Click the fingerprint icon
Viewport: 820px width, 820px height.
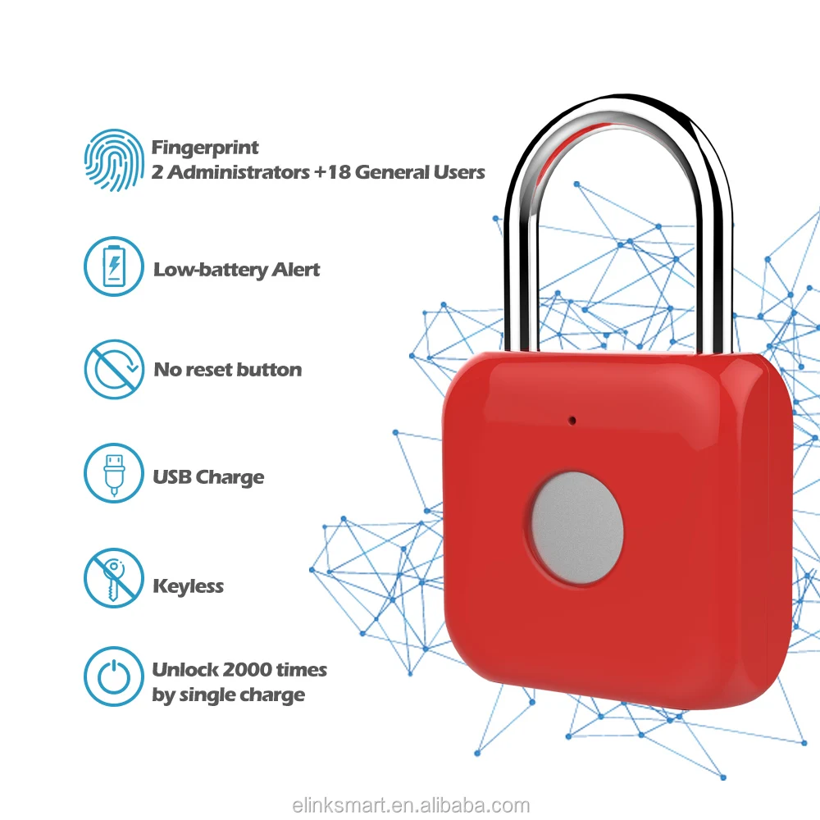pyautogui.click(x=114, y=159)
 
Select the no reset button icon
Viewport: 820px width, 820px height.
pyautogui.click(x=114, y=370)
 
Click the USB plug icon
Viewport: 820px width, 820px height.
pyautogui.click(x=114, y=473)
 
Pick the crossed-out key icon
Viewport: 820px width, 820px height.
pyautogui.click(x=114, y=579)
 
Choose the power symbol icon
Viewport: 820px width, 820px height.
pyautogui.click(x=114, y=676)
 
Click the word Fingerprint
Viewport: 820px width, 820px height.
pyautogui.click(x=205, y=148)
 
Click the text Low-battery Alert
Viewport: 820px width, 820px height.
pyautogui.click(x=236, y=270)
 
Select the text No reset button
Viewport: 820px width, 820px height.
pyautogui.click(x=227, y=370)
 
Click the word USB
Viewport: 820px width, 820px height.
pyautogui.click(x=171, y=477)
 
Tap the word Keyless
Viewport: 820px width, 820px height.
pyautogui.click(x=188, y=586)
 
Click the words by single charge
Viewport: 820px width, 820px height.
pyautogui.click(x=228, y=695)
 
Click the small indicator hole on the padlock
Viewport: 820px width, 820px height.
pyautogui.click(x=573, y=421)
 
